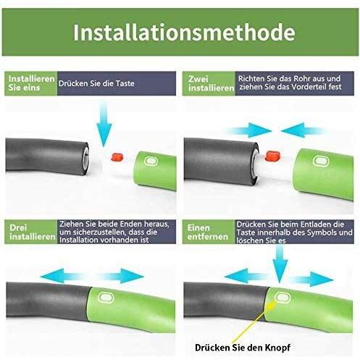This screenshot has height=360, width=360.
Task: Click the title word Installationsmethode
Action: click(184, 32)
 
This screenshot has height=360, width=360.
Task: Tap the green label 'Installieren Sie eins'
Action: click(31, 83)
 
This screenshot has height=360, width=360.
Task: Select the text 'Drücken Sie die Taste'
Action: click(96, 83)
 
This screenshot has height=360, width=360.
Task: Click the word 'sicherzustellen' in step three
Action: click(100, 232)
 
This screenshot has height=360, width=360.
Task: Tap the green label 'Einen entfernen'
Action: click(208, 232)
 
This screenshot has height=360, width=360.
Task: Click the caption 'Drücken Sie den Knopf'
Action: click(243, 348)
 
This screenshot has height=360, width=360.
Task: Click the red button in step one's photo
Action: click(117, 157)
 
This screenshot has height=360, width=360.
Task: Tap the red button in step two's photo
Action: click(272, 156)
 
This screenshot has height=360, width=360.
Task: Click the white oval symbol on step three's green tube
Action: click(106, 298)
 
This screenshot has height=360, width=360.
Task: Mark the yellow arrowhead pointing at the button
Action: click(272, 306)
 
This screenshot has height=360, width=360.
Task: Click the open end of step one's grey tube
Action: click(86, 158)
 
